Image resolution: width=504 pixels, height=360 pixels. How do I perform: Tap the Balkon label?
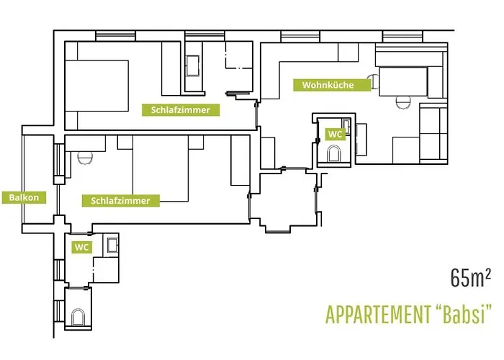(24, 197)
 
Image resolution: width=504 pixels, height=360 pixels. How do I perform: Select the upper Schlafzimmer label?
(181, 110)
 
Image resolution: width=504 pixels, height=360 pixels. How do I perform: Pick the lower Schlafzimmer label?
(120, 201)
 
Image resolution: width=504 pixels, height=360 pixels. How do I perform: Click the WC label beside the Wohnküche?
(335, 134)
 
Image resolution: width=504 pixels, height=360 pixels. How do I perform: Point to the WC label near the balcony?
(81, 247)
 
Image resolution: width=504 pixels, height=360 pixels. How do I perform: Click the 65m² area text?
(470, 278)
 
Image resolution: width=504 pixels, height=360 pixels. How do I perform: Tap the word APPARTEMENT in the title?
(378, 315)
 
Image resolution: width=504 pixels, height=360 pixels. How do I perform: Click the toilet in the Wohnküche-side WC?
(333, 154)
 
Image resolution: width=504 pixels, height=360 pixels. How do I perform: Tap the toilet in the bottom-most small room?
(78, 317)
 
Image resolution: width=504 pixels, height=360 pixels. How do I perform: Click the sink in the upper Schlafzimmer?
(193, 66)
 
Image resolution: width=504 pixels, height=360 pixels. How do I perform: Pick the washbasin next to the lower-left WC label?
(112, 245)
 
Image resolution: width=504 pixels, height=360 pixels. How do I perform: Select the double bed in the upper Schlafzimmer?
(96, 86)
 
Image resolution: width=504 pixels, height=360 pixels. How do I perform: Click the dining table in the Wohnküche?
(403, 81)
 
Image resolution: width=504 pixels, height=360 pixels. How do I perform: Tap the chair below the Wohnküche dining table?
(403, 102)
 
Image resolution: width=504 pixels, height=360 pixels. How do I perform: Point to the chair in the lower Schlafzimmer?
(85, 158)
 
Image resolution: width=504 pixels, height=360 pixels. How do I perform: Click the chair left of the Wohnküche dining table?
(374, 81)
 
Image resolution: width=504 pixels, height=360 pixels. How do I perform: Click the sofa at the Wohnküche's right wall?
(433, 133)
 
